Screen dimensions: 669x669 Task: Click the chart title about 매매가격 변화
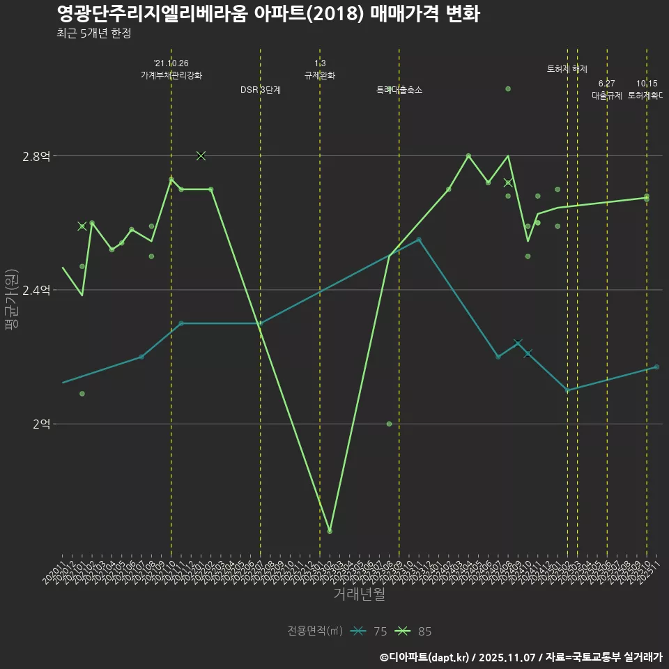coord(268,14)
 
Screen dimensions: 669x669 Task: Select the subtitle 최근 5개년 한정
coord(93,33)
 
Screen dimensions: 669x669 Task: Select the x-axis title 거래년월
coord(359,594)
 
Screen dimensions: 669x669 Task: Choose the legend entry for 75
coord(369,631)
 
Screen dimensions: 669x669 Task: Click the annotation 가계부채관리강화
coord(171,75)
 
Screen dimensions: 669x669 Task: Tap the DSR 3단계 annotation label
coord(261,90)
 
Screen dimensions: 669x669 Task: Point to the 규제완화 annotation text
coord(320,75)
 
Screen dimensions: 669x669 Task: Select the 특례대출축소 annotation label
coord(399,90)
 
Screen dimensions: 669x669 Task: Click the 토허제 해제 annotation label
coord(567,69)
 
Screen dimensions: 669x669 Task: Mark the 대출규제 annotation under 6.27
coord(607,95)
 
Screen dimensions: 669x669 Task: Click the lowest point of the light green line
coord(330,531)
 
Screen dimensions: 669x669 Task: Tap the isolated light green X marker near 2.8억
coord(201,155)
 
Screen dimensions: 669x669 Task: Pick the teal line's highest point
coord(419,240)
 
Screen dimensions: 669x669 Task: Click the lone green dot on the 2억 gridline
coord(389,424)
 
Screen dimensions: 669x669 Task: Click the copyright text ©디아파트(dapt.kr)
coord(426,656)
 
